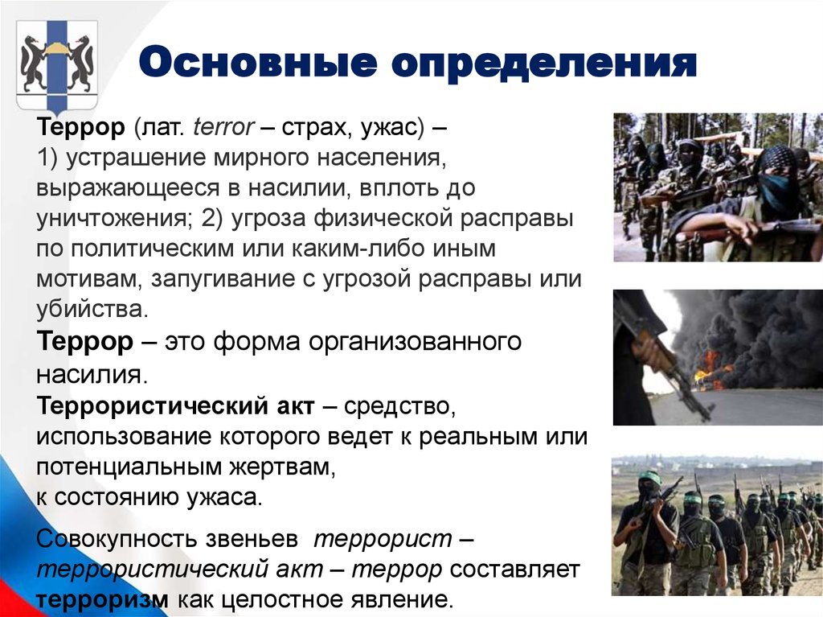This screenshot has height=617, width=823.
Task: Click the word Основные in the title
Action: pyautogui.click(x=258, y=63)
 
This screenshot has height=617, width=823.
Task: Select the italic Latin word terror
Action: pyautogui.click(x=223, y=127)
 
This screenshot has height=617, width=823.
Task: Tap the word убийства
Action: pyautogui.click(x=92, y=309)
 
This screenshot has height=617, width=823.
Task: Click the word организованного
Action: pyautogui.click(x=415, y=342)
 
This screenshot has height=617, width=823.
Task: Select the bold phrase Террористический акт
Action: pyautogui.click(x=175, y=405)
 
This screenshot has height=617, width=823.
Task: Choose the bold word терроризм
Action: pyautogui.click(x=102, y=599)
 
